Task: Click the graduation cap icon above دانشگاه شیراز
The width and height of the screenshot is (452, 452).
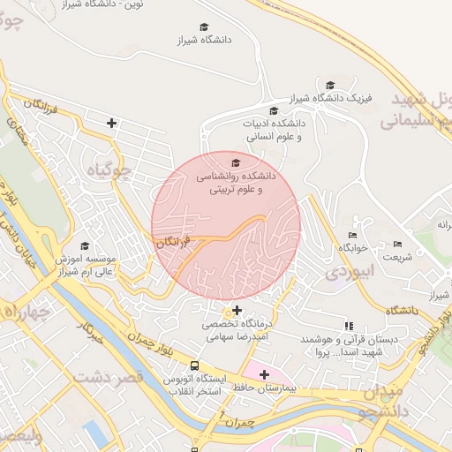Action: [x=204, y=27]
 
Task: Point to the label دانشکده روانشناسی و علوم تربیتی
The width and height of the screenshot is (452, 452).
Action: [x=236, y=183]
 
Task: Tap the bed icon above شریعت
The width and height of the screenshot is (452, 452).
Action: [x=397, y=245]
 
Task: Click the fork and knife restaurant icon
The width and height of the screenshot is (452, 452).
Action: [x=348, y=326]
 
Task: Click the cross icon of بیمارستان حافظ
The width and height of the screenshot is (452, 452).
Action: [x=264, y=375]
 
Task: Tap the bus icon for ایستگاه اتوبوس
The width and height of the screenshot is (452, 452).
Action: [x=194, y=366]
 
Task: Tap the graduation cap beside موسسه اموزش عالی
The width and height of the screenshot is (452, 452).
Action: [x=85, y=246]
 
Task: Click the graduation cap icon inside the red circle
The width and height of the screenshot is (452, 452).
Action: [x=236, y=163]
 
